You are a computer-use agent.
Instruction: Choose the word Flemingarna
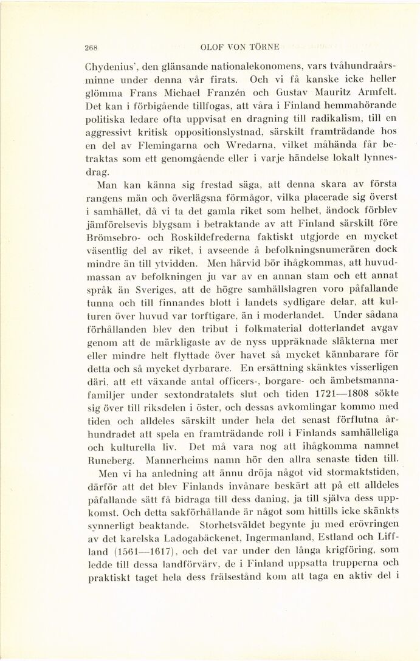154,148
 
